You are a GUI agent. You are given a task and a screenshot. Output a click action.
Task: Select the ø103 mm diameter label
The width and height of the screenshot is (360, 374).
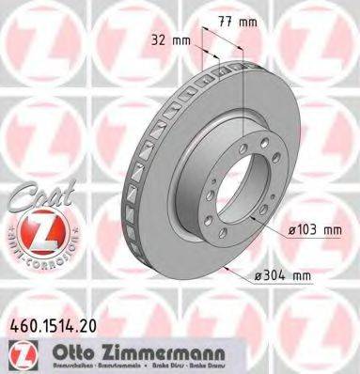pyautogui.click(x=313, y=229)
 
